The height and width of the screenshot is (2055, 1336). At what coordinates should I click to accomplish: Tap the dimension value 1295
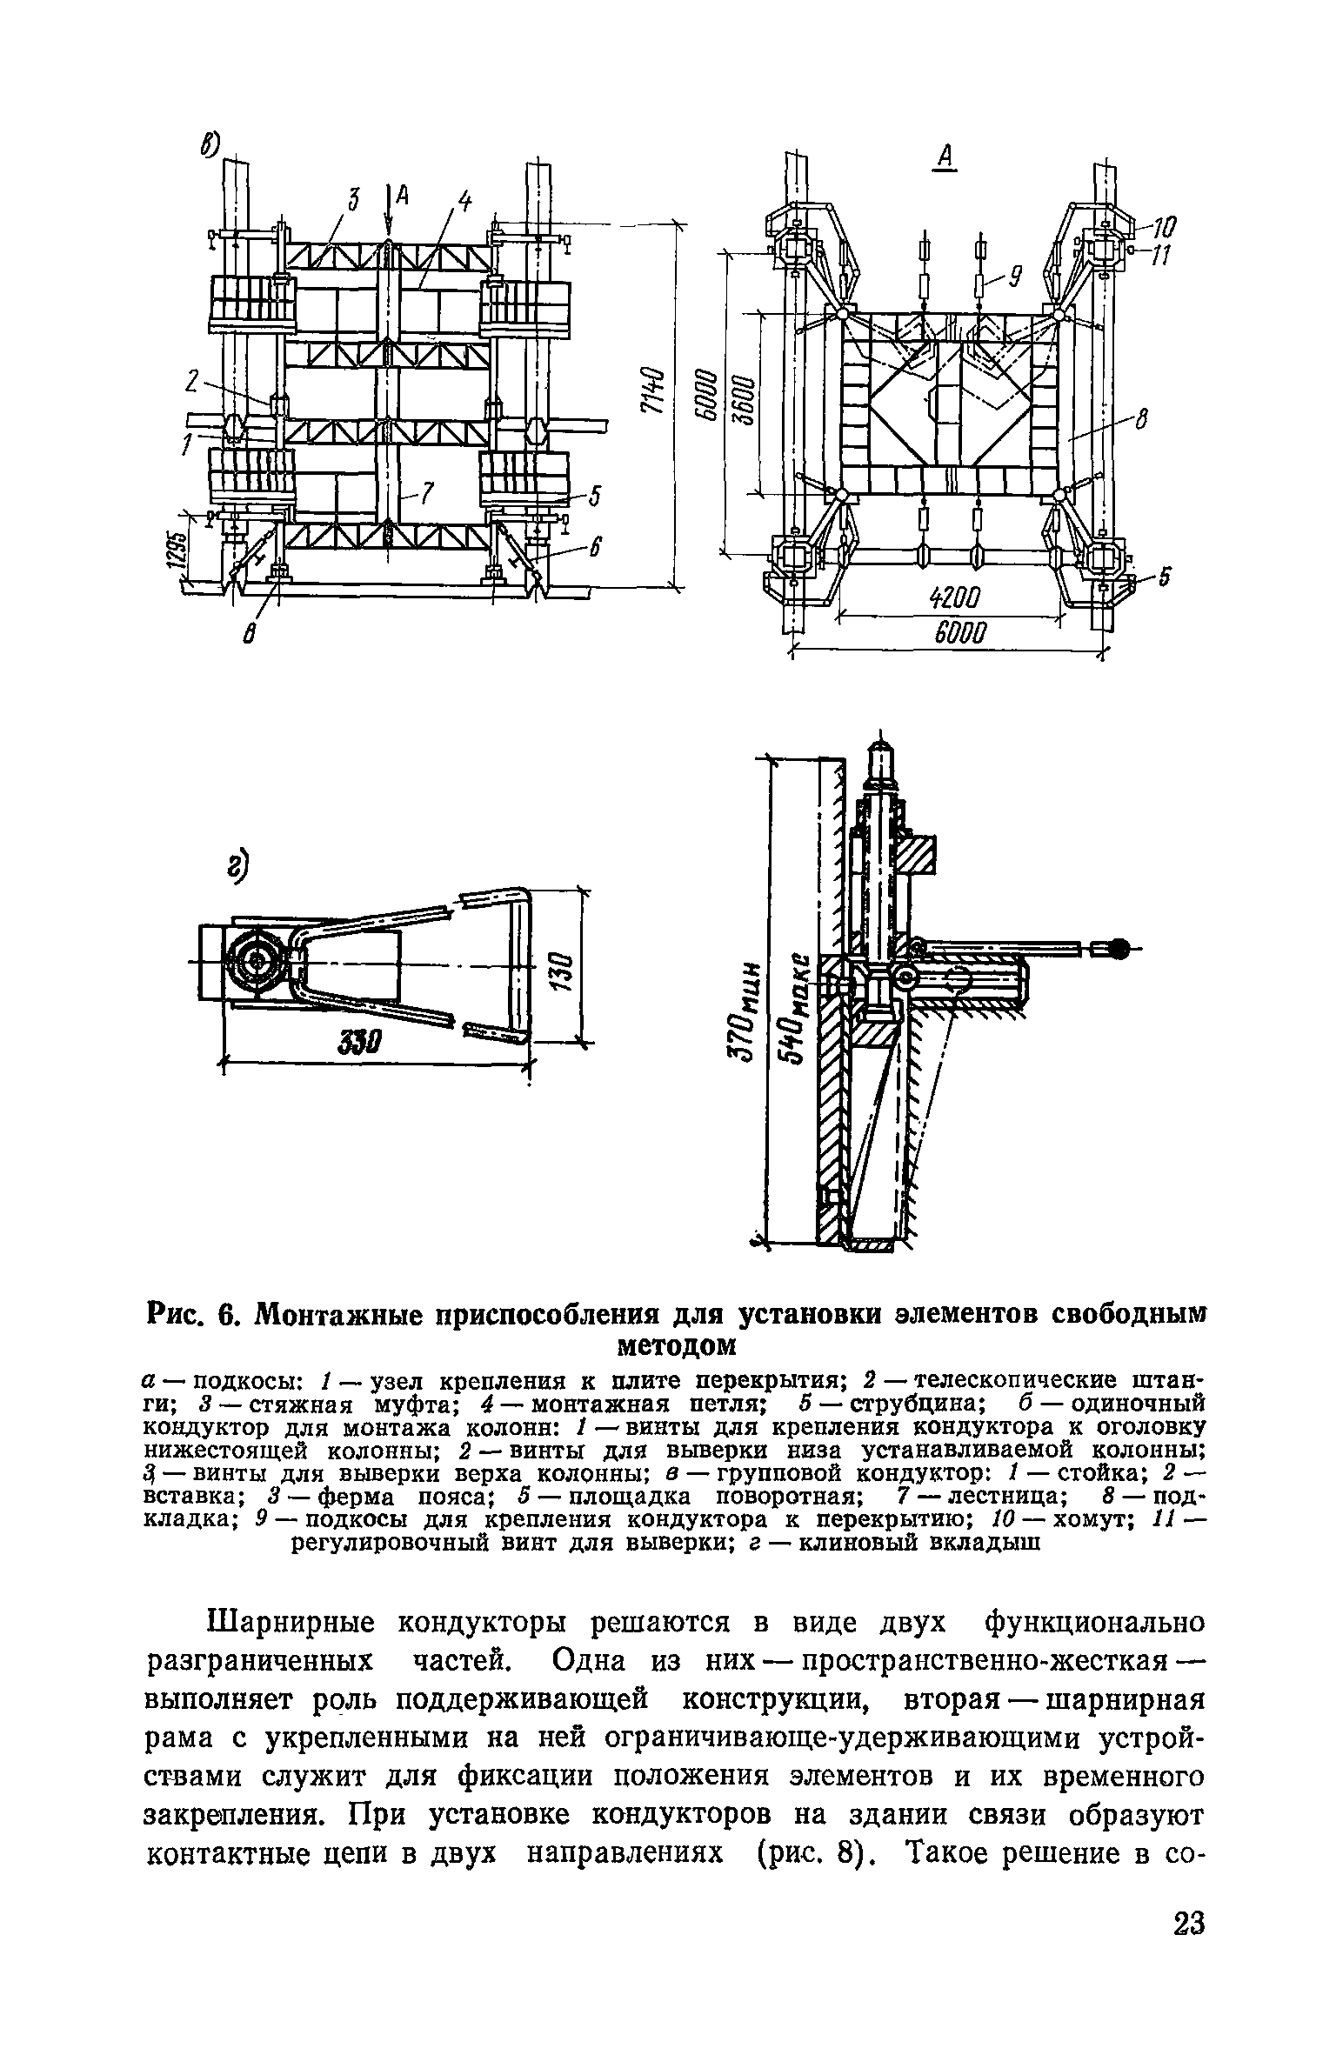pyautogui.click(x=179, y=552)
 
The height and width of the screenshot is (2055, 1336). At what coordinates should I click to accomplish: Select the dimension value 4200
pyautogui.click(x=954, y=598)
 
